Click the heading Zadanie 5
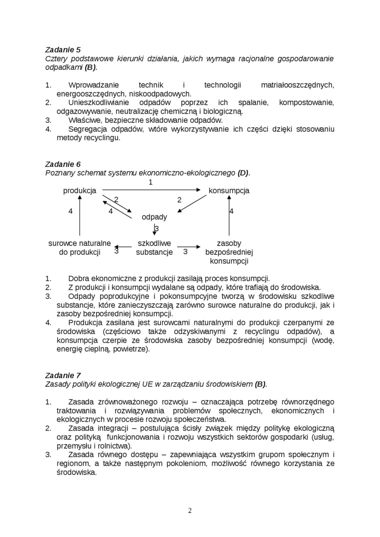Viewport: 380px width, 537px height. [62, 49]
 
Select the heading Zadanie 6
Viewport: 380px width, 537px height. [62, 164]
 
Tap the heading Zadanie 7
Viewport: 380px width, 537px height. [62, 375]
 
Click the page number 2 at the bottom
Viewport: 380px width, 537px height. [190, 510]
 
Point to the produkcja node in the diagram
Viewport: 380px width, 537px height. [79, 190]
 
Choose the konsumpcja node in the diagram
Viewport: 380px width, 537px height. [229, 190]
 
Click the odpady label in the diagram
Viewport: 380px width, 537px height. [154, 217]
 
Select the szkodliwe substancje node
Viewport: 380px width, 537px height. [154, 248]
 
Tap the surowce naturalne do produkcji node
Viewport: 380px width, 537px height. [79, 248]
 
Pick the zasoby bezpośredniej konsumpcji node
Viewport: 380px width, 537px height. [229, 252]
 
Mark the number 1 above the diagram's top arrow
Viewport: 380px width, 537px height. [150, 182]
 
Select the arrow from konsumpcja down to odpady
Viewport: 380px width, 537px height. [193, 203]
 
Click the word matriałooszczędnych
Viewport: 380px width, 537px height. [297, 85]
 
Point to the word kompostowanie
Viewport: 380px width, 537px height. [306, 102]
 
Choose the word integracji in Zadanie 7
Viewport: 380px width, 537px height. [110, 428]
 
